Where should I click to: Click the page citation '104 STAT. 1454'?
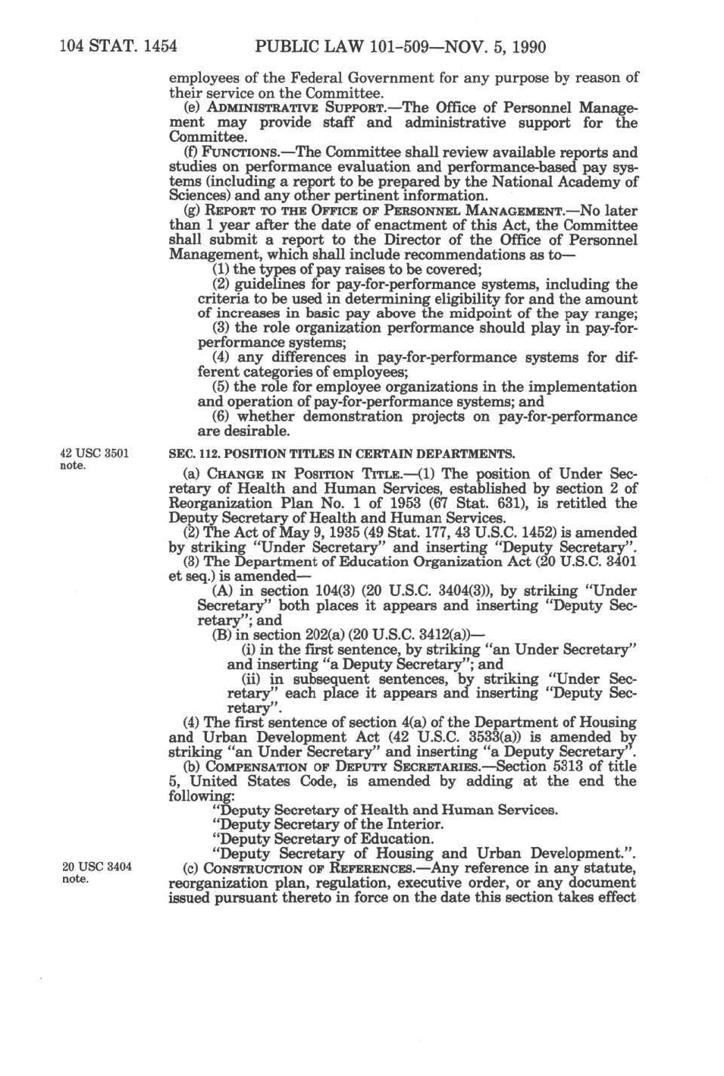click(118, 47)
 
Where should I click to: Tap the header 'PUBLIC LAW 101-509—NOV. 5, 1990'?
click(400, 47)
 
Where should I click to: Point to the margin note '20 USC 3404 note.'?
click(96, 873)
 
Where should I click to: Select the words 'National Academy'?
click(544, 182)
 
